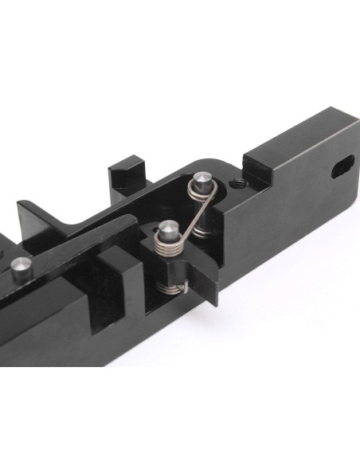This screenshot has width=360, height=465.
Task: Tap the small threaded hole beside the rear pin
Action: pos(236,183)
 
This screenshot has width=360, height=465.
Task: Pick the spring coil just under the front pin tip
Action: pos(169,244)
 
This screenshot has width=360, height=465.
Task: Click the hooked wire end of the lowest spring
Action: pos(186,285)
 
